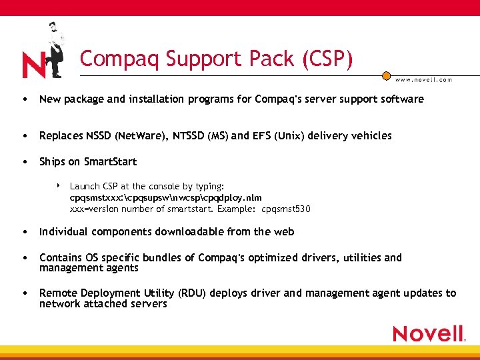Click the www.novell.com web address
point(423,79)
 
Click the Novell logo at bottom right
point(428,333)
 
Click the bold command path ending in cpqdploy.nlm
point(166,197)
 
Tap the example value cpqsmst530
point(286,209)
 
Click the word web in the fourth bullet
point(283,232)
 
